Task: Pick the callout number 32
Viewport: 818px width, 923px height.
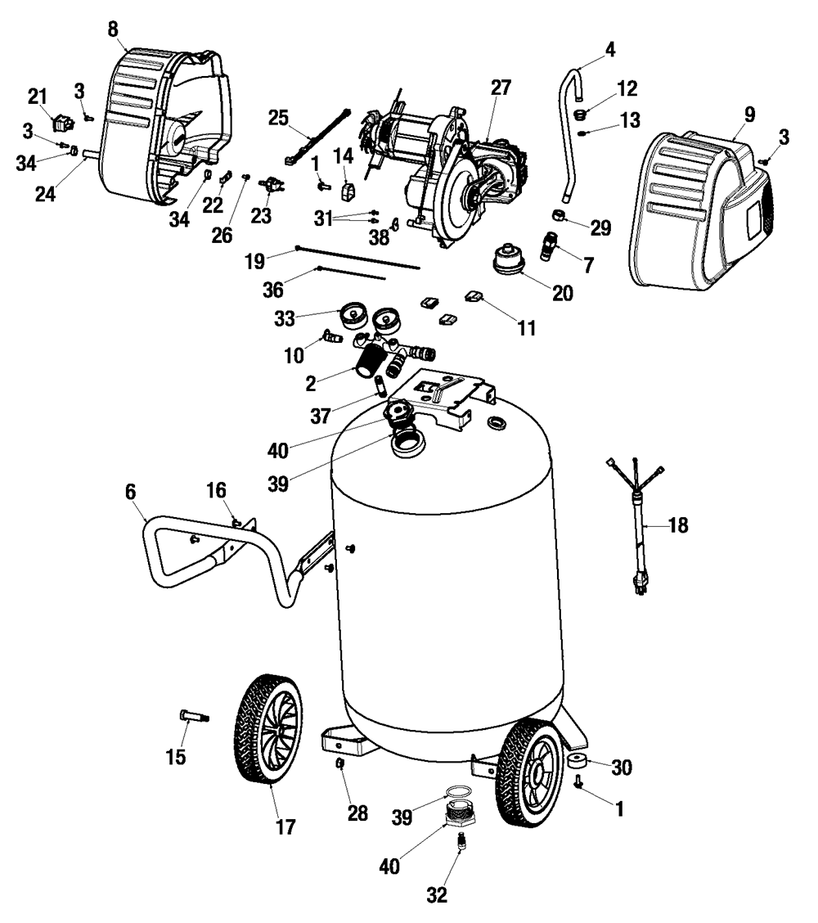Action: pyautogui.click(x=438, y=895)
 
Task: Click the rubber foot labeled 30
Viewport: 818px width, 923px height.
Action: pyautogui.click(x=578, y=763)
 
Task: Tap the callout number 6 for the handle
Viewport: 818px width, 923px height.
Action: pyautogui.click(x=131, y=493)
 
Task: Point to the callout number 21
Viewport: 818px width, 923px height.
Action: pyautogui.click(x=38, y=97)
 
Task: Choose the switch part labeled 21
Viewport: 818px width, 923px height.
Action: pyautogui.click(x=61, y=124)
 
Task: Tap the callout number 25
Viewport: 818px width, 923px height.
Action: pyautogui.click(x=279, y=118)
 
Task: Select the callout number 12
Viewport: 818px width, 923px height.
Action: pyautogui.click(x=627, y=88)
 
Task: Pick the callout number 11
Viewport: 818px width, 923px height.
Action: pyautogui.click(x=525, y=328)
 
